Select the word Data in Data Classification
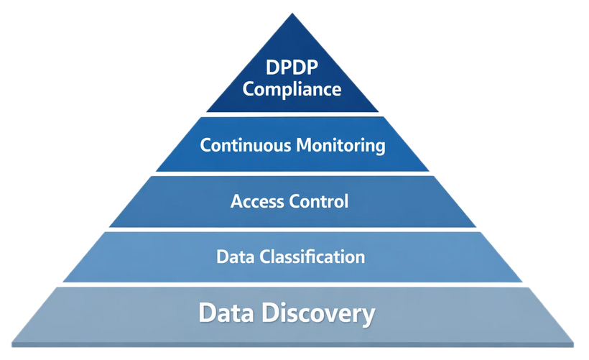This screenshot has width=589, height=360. click(x=233, y=256)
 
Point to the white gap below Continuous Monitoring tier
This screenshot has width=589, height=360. click(x=294, y=174)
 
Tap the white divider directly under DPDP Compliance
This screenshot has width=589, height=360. click(x=294, y=114)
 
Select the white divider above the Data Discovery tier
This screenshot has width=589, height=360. click(x=294, y=285)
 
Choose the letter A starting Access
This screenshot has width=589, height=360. click(x=236, y=201)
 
